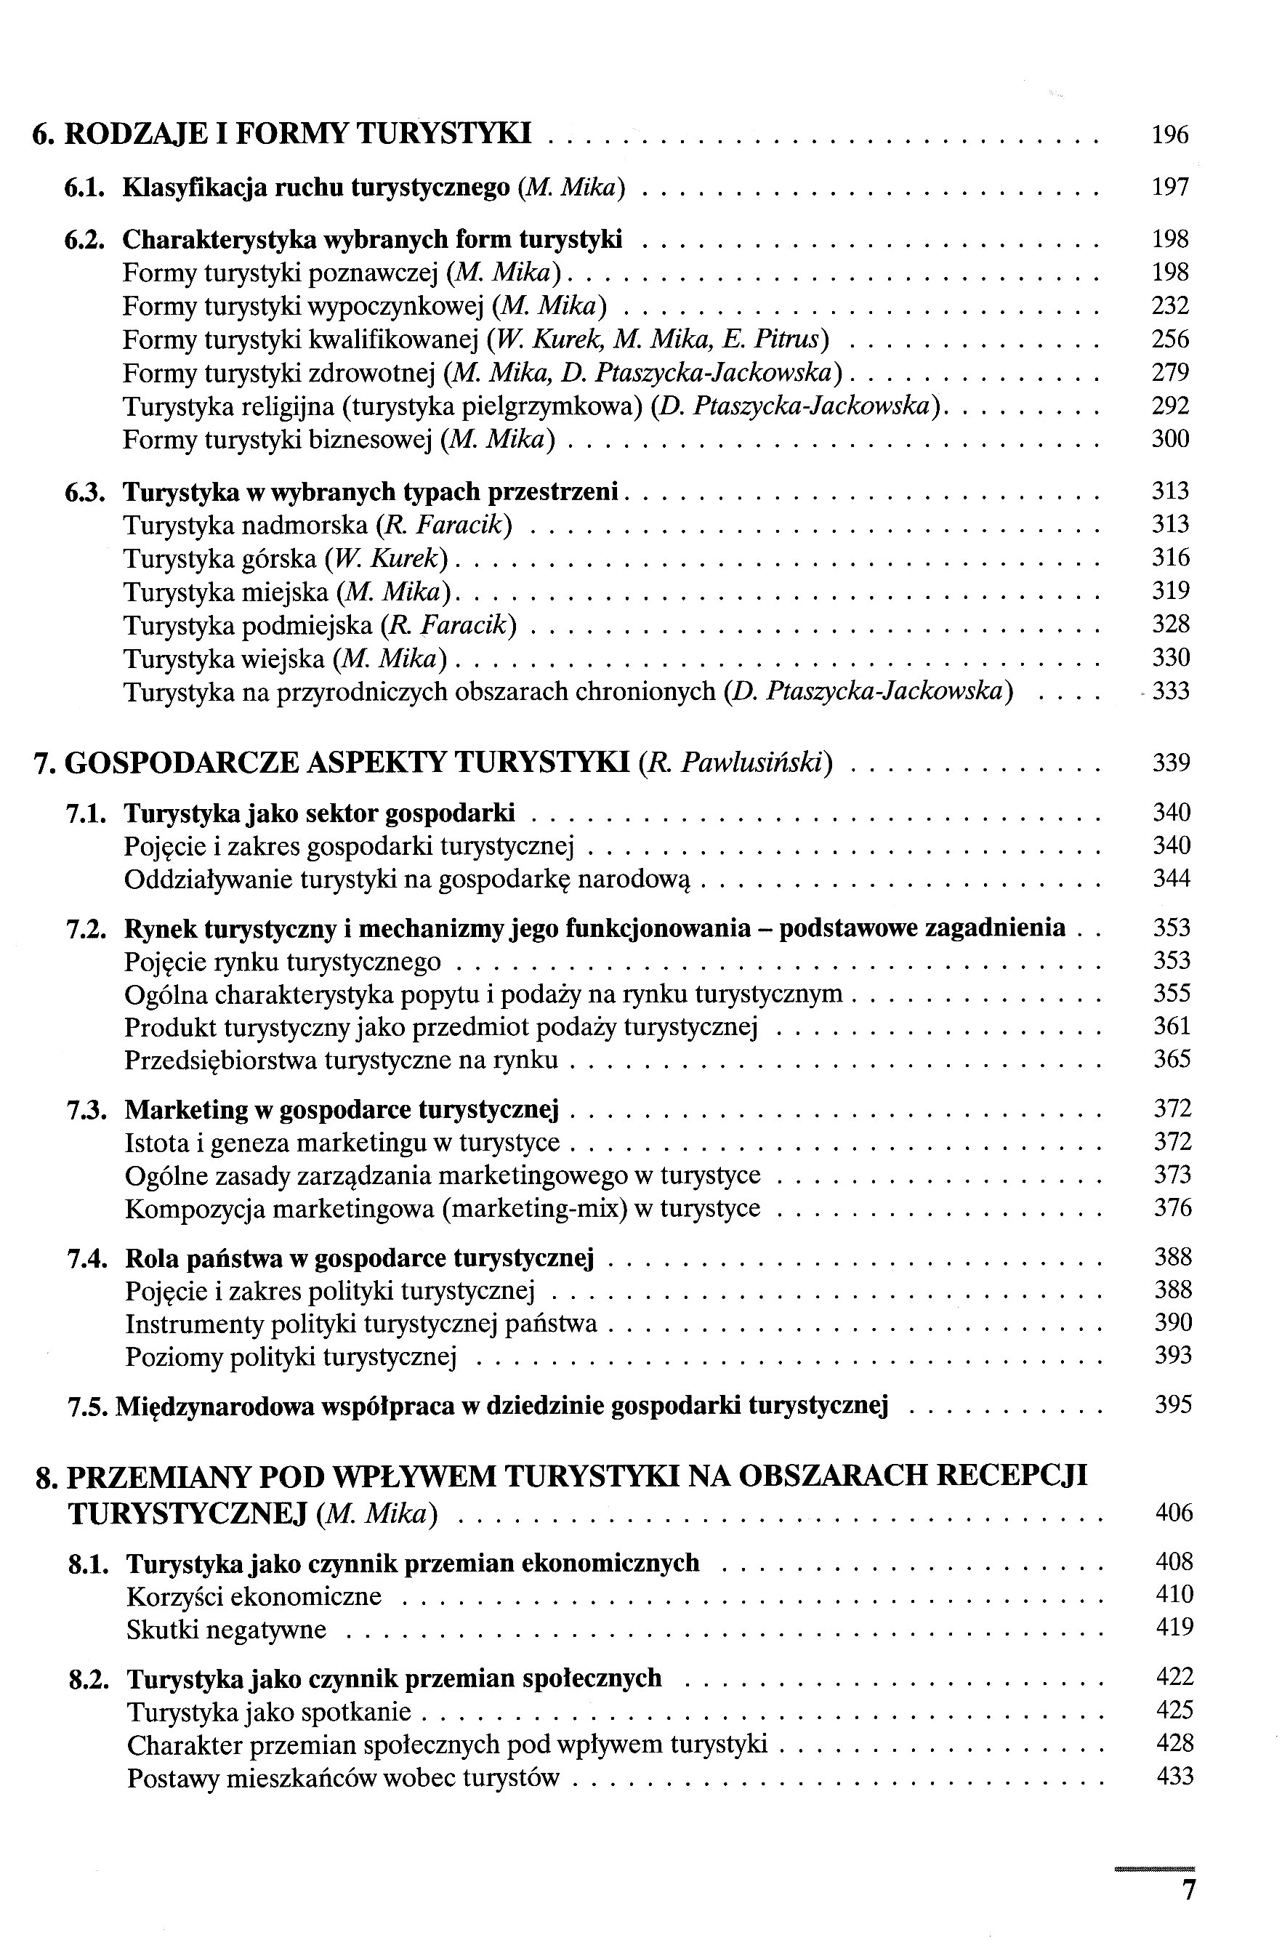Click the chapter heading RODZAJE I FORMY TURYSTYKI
pyautogui.click(x=297, y=133)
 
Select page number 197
pyautogui.click(x=1170, y=188)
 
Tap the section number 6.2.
pyautogui.click(x=85, y=241)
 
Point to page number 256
pyautogui.click(x=1170, y=339)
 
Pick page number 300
pyautogui.click(x=1170, y=439)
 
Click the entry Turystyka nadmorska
pyautogui.click(x=245, y=525)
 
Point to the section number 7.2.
pyautogui.click(x=86, y=928)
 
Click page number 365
pyautogui.click(x=1172, y=1058)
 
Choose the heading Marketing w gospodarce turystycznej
pyautogui.click(x=342, y=1109)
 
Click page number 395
pyautogui.click(x=1172, y=1404)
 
